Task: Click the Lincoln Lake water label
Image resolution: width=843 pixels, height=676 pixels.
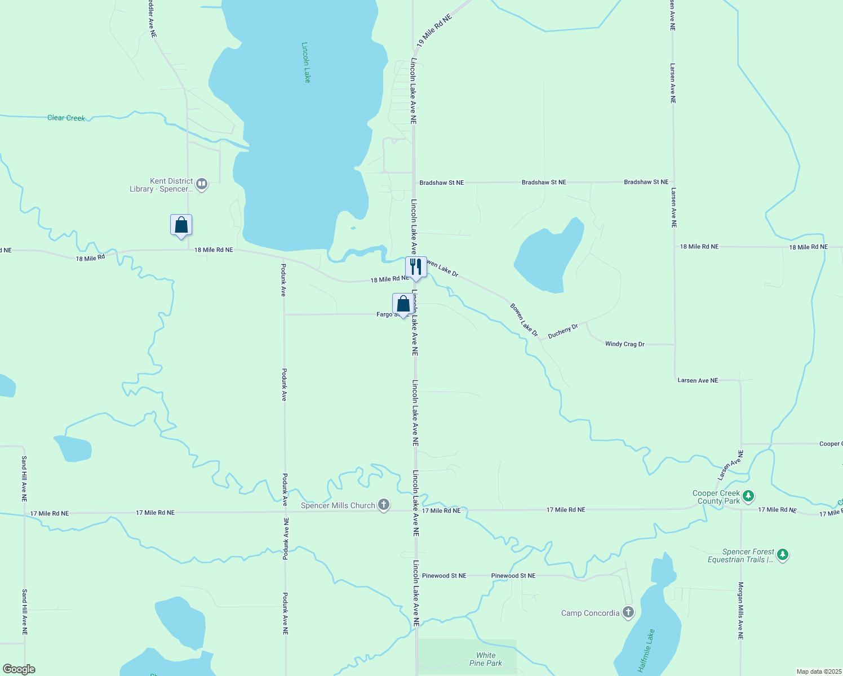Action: click(306, 63)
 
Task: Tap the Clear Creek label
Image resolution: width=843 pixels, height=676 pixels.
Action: click(66, 118)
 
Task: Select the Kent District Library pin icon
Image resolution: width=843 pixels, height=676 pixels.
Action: click(201, 184)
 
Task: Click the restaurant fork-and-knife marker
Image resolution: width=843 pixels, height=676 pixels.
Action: click(416, 266)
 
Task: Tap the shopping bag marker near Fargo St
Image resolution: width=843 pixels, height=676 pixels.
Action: click(403, 304)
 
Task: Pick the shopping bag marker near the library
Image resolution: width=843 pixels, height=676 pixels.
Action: click(181, 225)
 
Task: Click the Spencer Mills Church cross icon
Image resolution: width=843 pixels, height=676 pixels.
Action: click(384, 505)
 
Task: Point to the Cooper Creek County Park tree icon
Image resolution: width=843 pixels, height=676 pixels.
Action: click(748, 496)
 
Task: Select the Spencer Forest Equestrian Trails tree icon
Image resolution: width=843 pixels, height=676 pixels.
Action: click(782, 555)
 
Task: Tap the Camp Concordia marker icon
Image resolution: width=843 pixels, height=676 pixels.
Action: click(628, 613)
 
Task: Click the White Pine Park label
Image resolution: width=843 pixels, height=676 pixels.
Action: click(486, 659)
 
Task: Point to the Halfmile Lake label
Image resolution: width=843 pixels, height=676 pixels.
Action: click(646, 651)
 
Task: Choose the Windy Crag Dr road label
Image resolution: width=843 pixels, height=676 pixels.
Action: click(624, 344)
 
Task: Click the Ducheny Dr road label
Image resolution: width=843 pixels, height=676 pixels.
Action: click(563, 331)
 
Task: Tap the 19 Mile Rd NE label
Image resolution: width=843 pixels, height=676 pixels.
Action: click(434, 31)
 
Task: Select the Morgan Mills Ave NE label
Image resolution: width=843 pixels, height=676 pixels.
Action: click(741, 611)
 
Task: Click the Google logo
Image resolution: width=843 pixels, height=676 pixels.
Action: click(19, 669)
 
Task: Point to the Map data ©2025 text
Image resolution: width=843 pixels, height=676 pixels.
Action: click(818, 671)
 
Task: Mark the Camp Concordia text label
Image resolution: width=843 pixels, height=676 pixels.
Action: click(590, 613)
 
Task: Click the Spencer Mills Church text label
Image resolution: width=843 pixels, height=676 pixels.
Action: click(338, 505)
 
